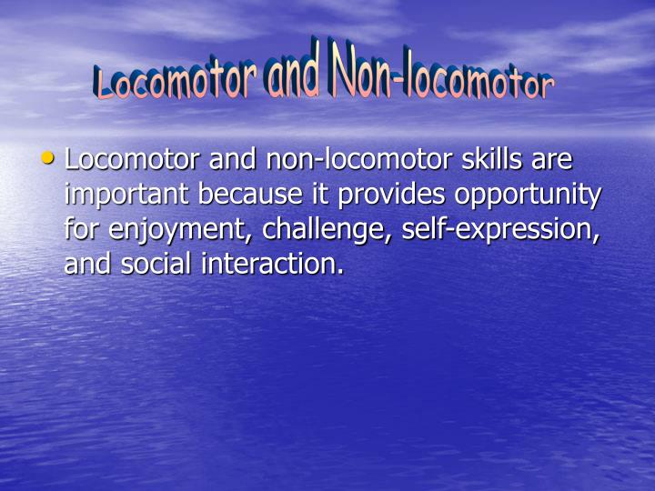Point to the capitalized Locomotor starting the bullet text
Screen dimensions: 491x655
click(133, 160)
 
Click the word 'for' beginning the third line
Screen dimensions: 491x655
click(82, 228)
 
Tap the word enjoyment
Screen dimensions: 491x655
click(182, 230)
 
